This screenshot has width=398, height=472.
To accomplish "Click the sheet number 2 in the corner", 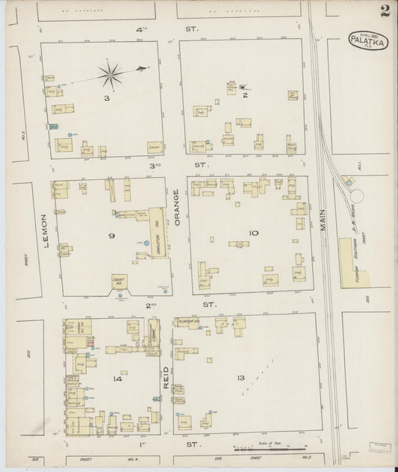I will click(383, 10).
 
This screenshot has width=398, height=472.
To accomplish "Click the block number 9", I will click(111, 237).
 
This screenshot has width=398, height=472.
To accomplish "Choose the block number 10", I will click(253, 233).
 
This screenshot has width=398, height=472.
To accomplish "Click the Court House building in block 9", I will click(118, 282).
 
